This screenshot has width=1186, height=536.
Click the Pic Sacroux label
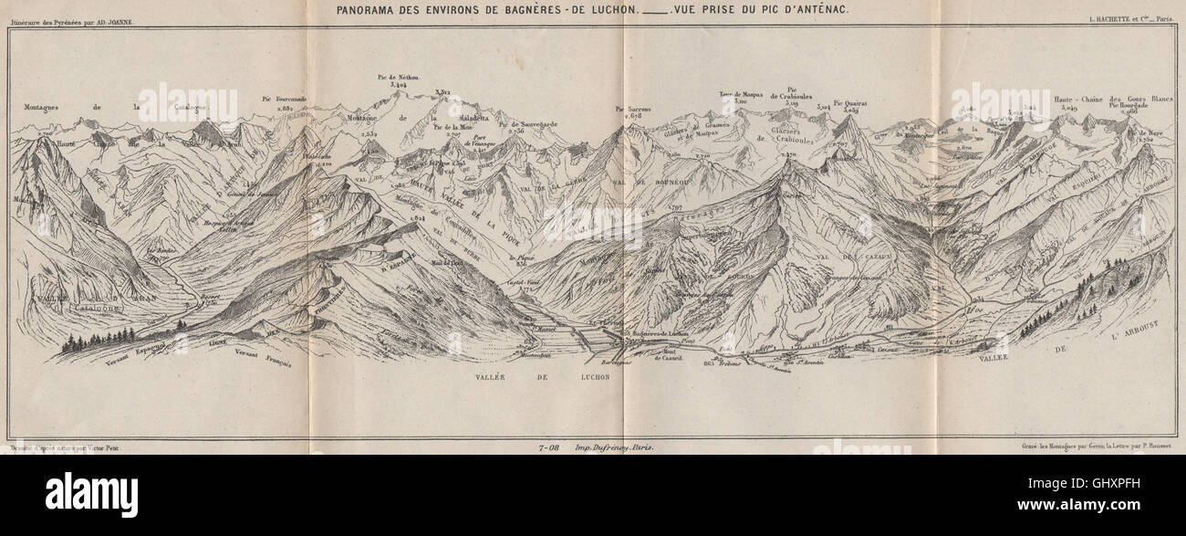click(635, 109)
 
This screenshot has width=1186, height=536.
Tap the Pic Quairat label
click(849, 103)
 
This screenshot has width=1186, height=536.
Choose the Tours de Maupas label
click(741, 94)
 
